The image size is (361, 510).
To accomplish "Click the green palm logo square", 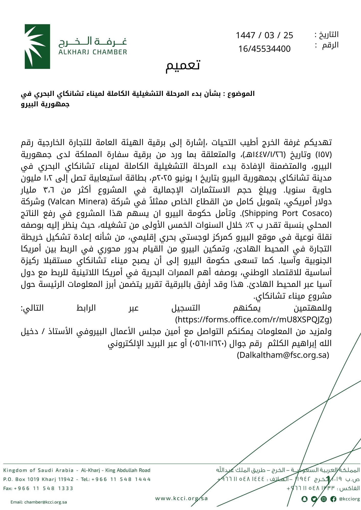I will point(37,46).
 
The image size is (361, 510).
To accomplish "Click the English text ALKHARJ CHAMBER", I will point(93,52).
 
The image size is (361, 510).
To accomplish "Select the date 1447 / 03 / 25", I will point(264,35).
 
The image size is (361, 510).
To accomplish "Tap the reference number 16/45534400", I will point(264,49).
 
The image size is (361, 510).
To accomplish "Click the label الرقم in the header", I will point(330,45).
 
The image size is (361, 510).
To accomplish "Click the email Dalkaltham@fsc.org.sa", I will point(283,355).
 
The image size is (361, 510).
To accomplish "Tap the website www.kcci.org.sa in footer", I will point(182,498).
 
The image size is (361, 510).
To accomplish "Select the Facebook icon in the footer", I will point(333,499).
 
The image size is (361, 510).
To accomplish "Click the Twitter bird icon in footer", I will point(314,499).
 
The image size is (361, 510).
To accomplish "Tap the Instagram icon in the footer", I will point(324,499).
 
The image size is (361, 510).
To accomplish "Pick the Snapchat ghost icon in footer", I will point(304,499).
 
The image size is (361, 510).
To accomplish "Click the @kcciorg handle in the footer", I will point(350,499).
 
